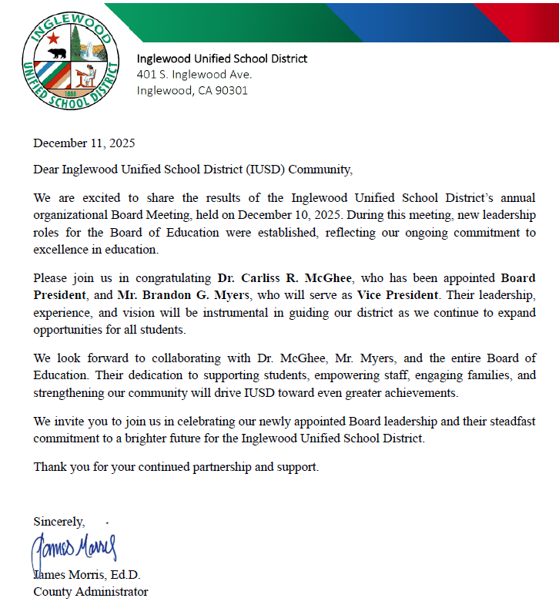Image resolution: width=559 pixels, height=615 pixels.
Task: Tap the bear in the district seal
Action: [56, 54]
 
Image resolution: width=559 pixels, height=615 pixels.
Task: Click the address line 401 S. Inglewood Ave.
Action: [194, 75]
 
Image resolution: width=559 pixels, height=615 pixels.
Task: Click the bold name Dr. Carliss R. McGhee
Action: [285, 277]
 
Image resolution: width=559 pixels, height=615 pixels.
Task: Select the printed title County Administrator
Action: [90, 592]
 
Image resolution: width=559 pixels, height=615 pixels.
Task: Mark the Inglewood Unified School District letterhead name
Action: [222, 59]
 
